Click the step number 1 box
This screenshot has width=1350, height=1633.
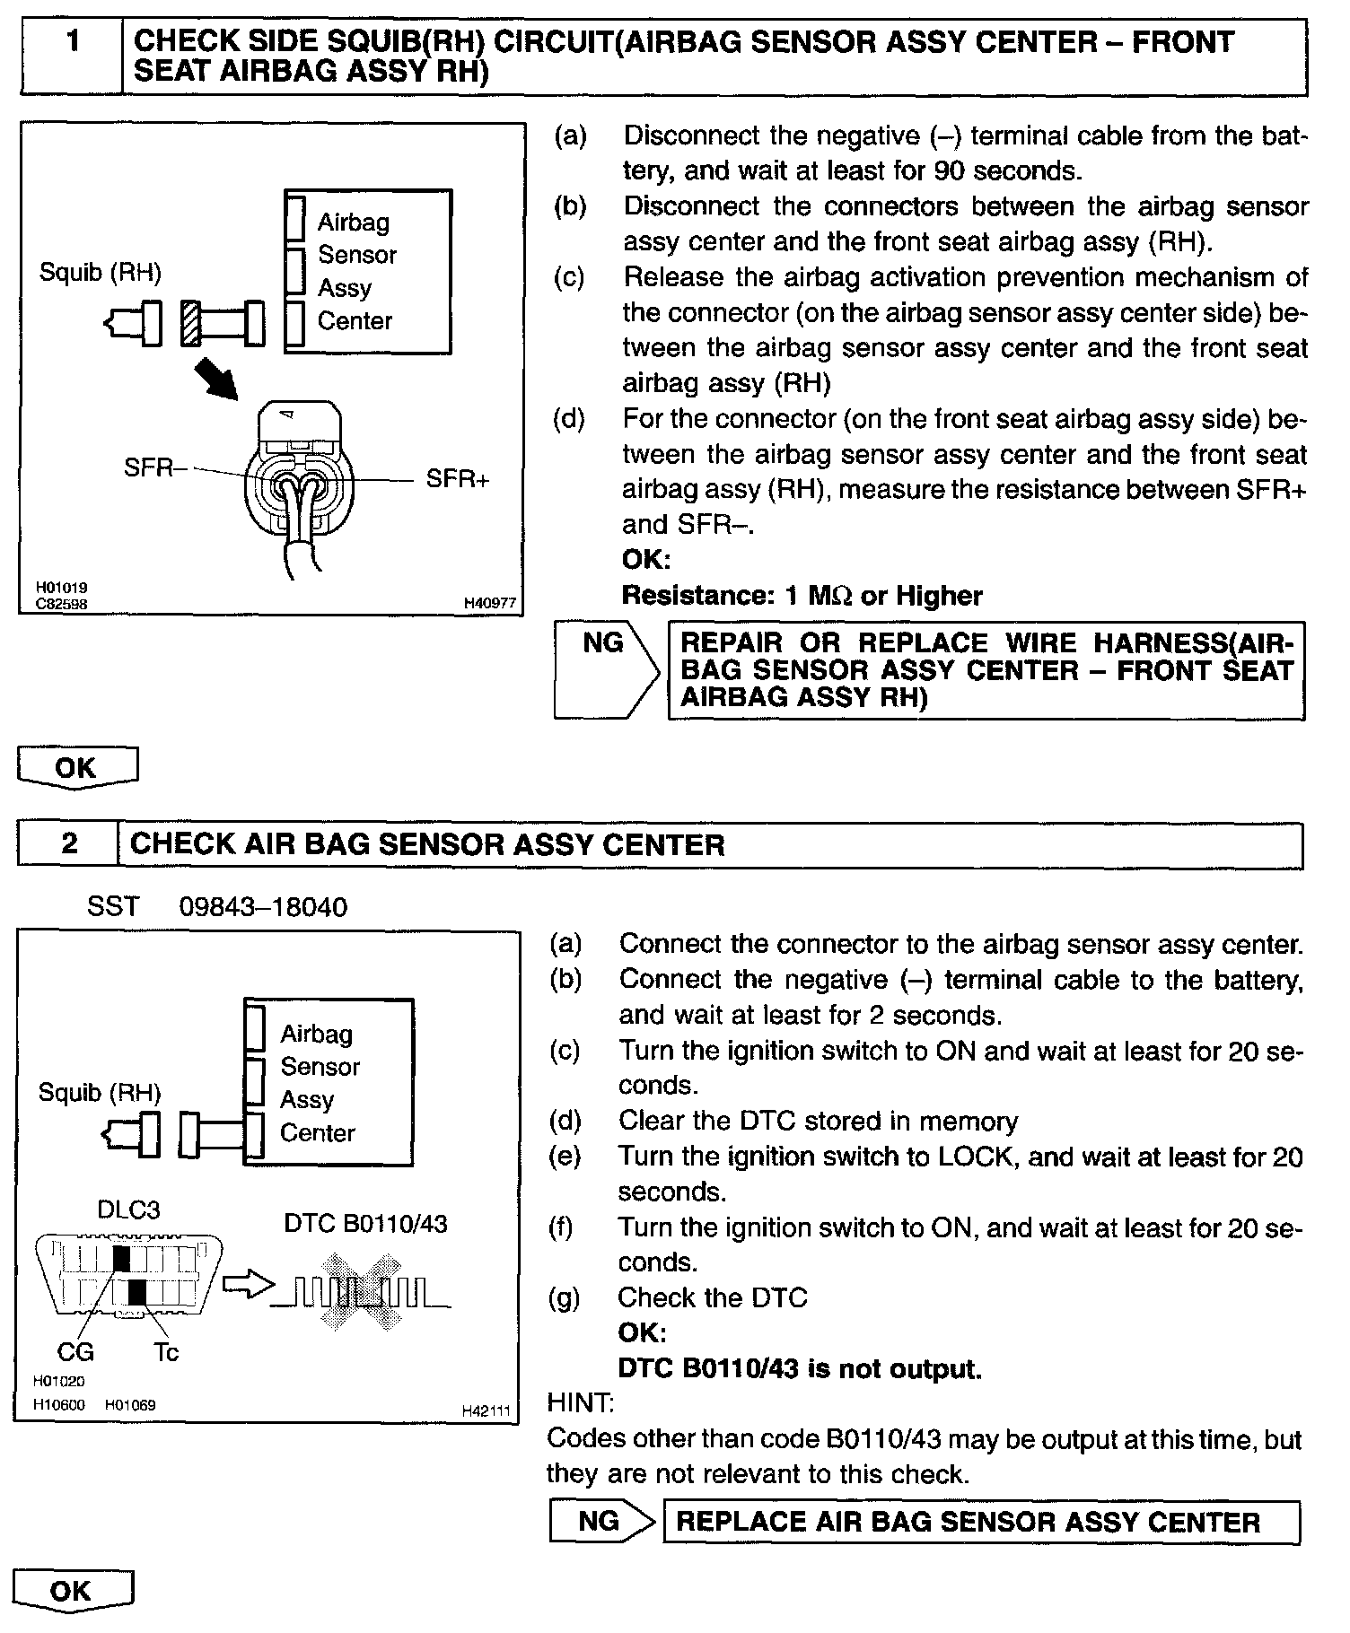coord(71,56)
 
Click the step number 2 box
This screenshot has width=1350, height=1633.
coord(68,843)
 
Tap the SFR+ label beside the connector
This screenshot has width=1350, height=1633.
coord(458,479)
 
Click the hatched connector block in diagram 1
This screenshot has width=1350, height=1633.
coord(190,323)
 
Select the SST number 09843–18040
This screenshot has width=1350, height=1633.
coord(263,907)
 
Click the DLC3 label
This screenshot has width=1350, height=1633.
coord(128,1209)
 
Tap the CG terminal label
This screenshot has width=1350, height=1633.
coord(75,1351)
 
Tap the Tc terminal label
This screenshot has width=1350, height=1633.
coord(166,1351)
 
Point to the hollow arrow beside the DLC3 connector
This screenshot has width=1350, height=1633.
coord(246,1286)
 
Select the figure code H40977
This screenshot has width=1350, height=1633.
coord(490,604)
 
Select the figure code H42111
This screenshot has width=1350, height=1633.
coord(486,1411)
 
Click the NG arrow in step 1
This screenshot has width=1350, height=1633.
coord(607,668)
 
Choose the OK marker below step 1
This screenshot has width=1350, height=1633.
coord(77,768)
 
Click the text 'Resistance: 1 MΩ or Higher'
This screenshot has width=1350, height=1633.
coord(802,596)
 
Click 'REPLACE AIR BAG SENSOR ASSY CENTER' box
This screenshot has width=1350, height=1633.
coord(979,1522)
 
